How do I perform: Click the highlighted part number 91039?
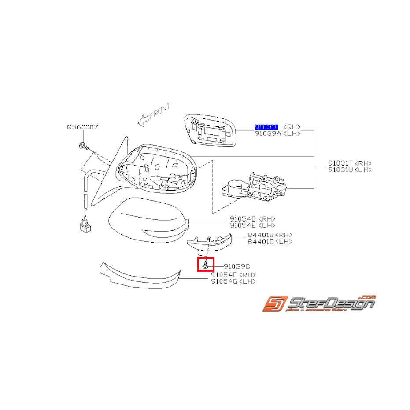(x=266, y=127)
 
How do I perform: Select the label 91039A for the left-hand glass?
(x=268, y=133)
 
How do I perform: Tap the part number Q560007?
(x=82, y=127)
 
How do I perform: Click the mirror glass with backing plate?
(x=211, y=130)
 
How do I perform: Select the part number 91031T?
(x=340, y=163)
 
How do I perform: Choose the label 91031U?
(x=340, y=169)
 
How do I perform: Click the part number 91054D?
(x=242, y=219)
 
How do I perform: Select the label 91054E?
(x=242, y=225)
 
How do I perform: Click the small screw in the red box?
(x=206, y=265)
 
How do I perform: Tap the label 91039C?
(x=236, y=266)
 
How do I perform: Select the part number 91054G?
(x=225, y=281)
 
